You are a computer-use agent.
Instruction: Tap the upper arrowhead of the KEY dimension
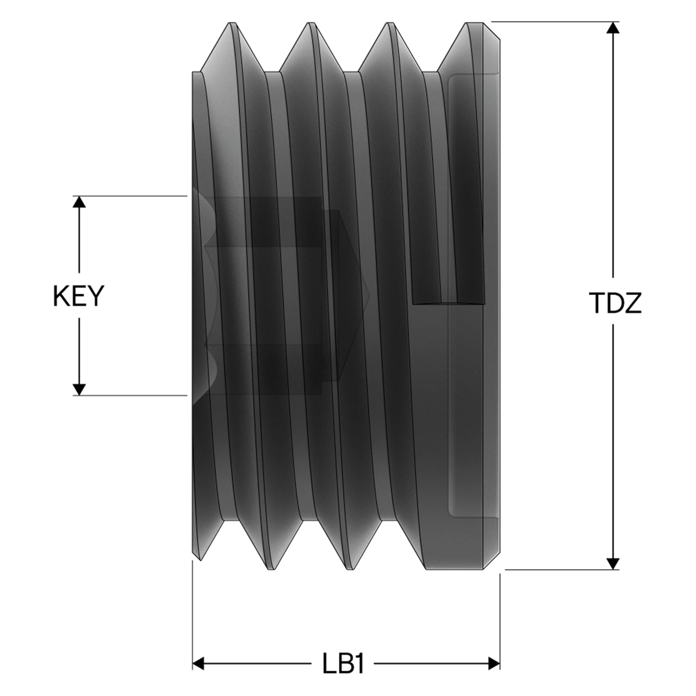(x=79, y=202)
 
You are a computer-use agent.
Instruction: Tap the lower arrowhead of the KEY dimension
(x=79, y=389)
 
